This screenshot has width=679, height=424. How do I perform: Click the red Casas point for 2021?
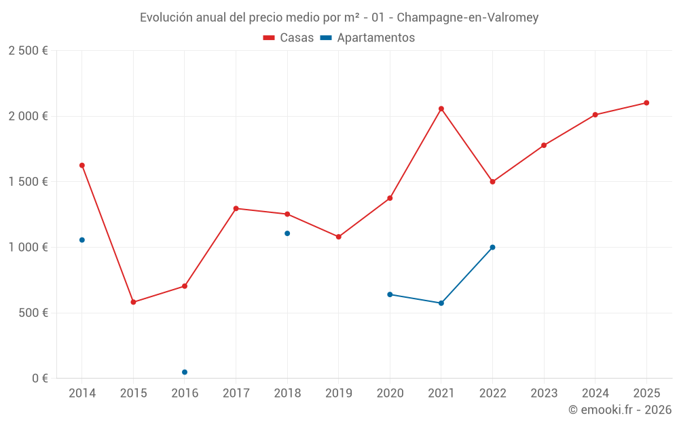tap(441, 109)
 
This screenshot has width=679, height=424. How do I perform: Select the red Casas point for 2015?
tap(133, 302)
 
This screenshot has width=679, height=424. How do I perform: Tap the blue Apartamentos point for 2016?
tap(185, 372)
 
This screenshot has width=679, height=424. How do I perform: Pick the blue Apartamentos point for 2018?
tap(287, 233)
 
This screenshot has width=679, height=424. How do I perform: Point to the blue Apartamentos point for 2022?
tap(492, 247)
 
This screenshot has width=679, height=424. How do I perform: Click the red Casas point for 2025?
tap(646, 103)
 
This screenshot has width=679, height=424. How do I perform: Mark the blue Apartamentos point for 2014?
tap(82, 239)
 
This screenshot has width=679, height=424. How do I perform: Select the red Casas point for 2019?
tap(339, 237)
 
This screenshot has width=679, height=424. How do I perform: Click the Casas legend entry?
tap(289, 38)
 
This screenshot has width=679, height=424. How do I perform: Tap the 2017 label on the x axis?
tap(236, 393)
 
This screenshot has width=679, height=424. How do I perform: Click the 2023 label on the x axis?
tap(544, 393)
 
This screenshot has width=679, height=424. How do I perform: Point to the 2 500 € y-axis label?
tap(29, 51)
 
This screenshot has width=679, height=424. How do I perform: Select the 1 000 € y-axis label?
tap(29, 248)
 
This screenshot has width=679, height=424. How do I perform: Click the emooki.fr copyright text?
tap(619, 410)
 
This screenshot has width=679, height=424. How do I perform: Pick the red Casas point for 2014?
tap(82, 166)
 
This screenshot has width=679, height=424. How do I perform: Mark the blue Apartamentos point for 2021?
tap(441, 303)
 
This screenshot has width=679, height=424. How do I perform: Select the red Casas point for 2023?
tap(544, 145)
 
